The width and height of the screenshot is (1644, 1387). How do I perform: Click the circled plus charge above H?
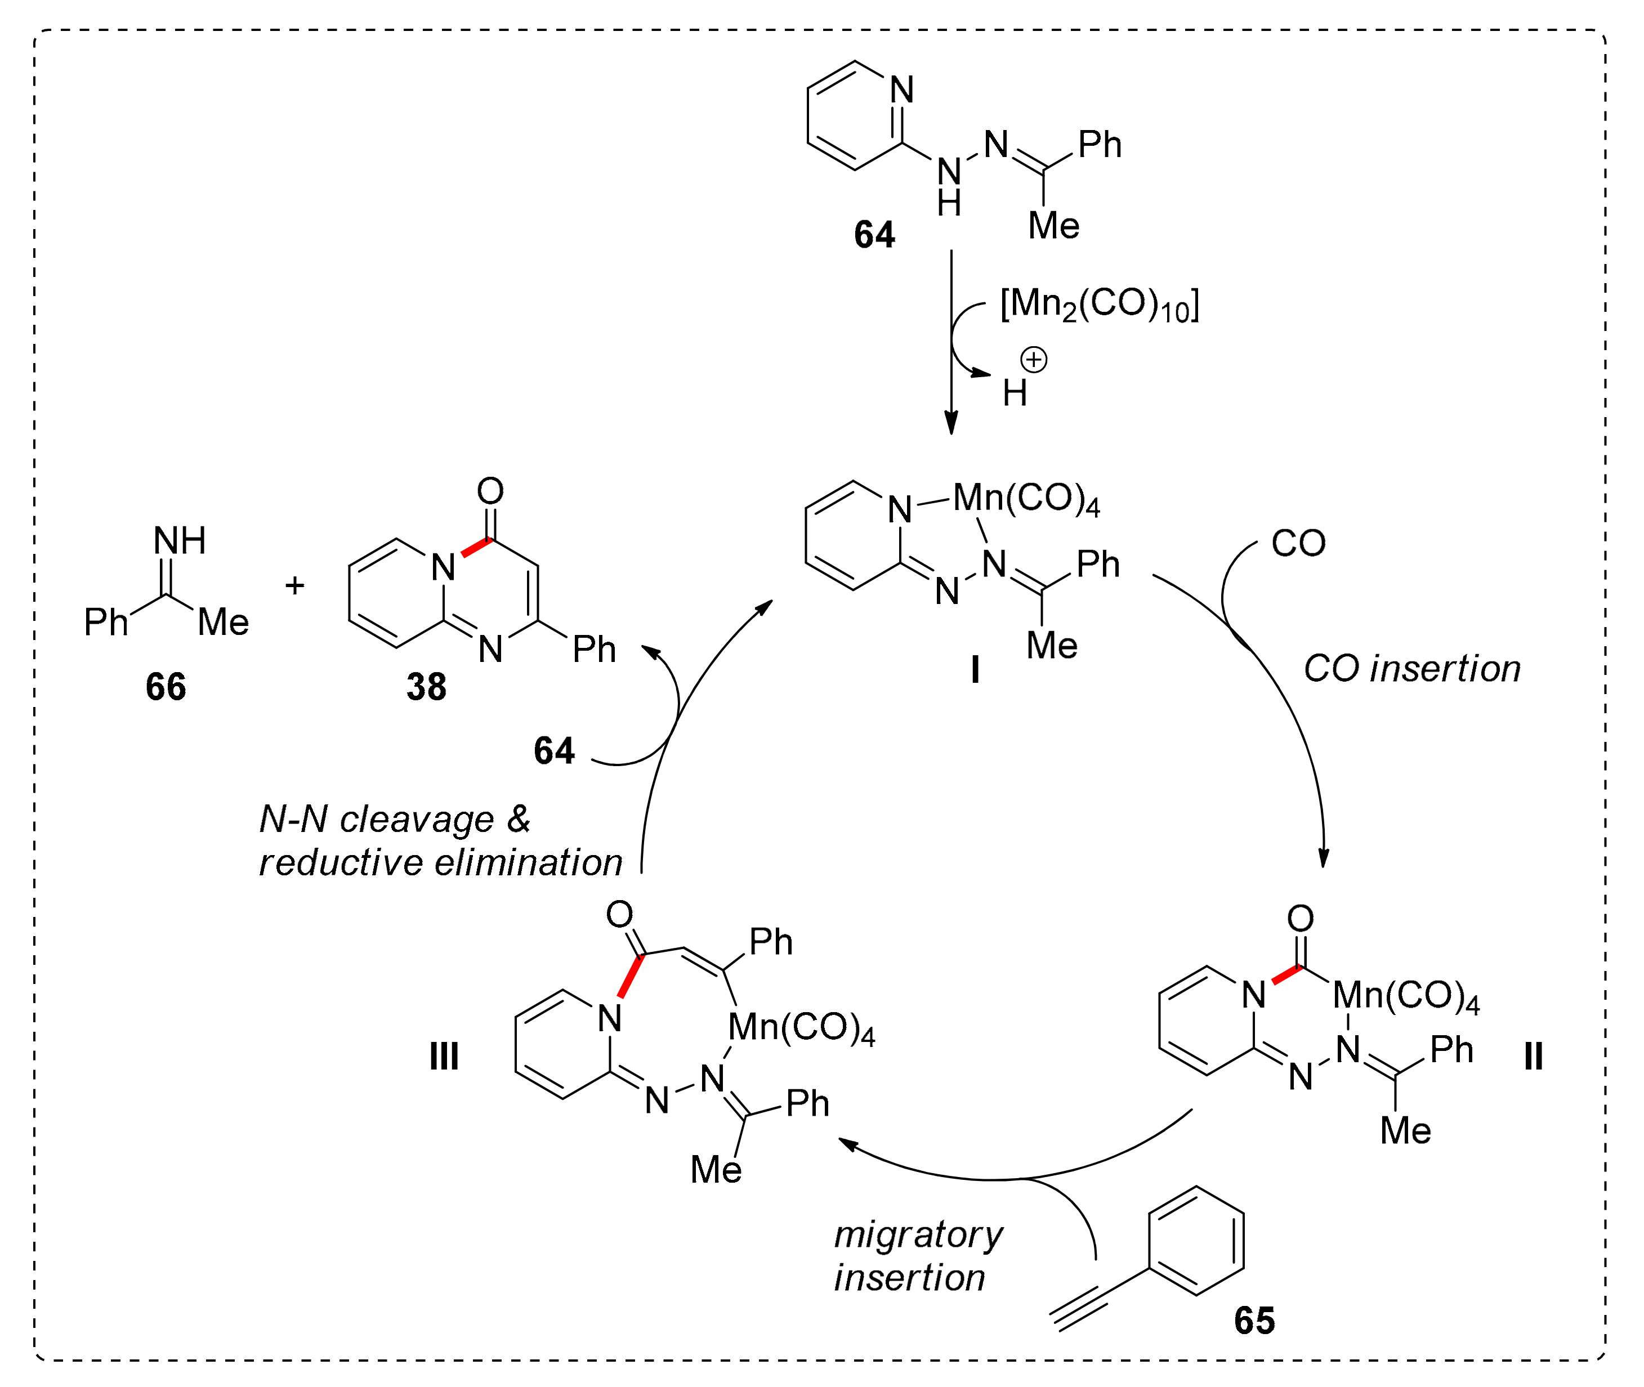point(1033,360)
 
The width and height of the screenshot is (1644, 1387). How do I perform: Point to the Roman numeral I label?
point(975,670)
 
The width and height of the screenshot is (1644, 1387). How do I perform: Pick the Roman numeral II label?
point(1533,1056)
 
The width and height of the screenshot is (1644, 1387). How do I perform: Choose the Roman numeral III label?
point(444,1056)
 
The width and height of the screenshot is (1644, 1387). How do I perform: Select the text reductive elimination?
point(440,862)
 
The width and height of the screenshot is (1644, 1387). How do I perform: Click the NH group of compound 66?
point(180,541)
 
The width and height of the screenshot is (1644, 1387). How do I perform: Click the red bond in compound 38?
point(476,547)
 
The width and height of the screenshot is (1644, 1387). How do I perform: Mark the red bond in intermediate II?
point(1287,975)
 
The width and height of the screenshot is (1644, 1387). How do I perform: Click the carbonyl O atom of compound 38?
point(490,491)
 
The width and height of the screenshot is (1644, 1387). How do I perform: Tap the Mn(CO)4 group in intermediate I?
point(1026,499)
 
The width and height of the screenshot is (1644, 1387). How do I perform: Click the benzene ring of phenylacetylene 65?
point(1196,1240)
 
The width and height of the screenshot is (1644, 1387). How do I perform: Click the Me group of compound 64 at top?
point(1053,226)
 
